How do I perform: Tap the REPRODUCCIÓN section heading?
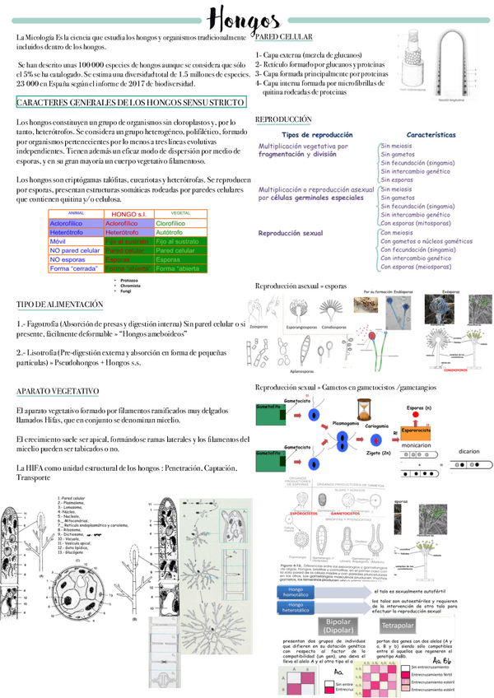[283, 120]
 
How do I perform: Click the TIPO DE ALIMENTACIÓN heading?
[60, 305]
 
